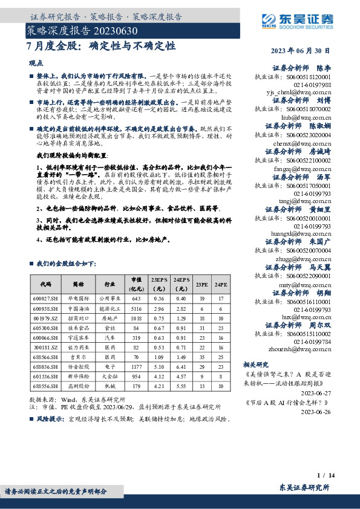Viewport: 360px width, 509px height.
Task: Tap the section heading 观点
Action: tap(36, 63)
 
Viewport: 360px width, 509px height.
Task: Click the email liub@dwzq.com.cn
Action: tap(307, 117)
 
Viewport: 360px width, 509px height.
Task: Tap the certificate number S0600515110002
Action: tap(309, 333)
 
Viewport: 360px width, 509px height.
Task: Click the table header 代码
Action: tap(46, 284)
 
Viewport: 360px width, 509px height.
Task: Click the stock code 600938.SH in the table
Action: tap(46, 307)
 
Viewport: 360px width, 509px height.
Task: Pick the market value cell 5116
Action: tap(136, 307)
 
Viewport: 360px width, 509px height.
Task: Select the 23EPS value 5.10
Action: tap(159, 366)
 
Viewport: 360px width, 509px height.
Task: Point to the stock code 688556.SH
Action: tap(46, 385)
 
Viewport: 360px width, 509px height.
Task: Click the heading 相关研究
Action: tap(255, 365)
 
